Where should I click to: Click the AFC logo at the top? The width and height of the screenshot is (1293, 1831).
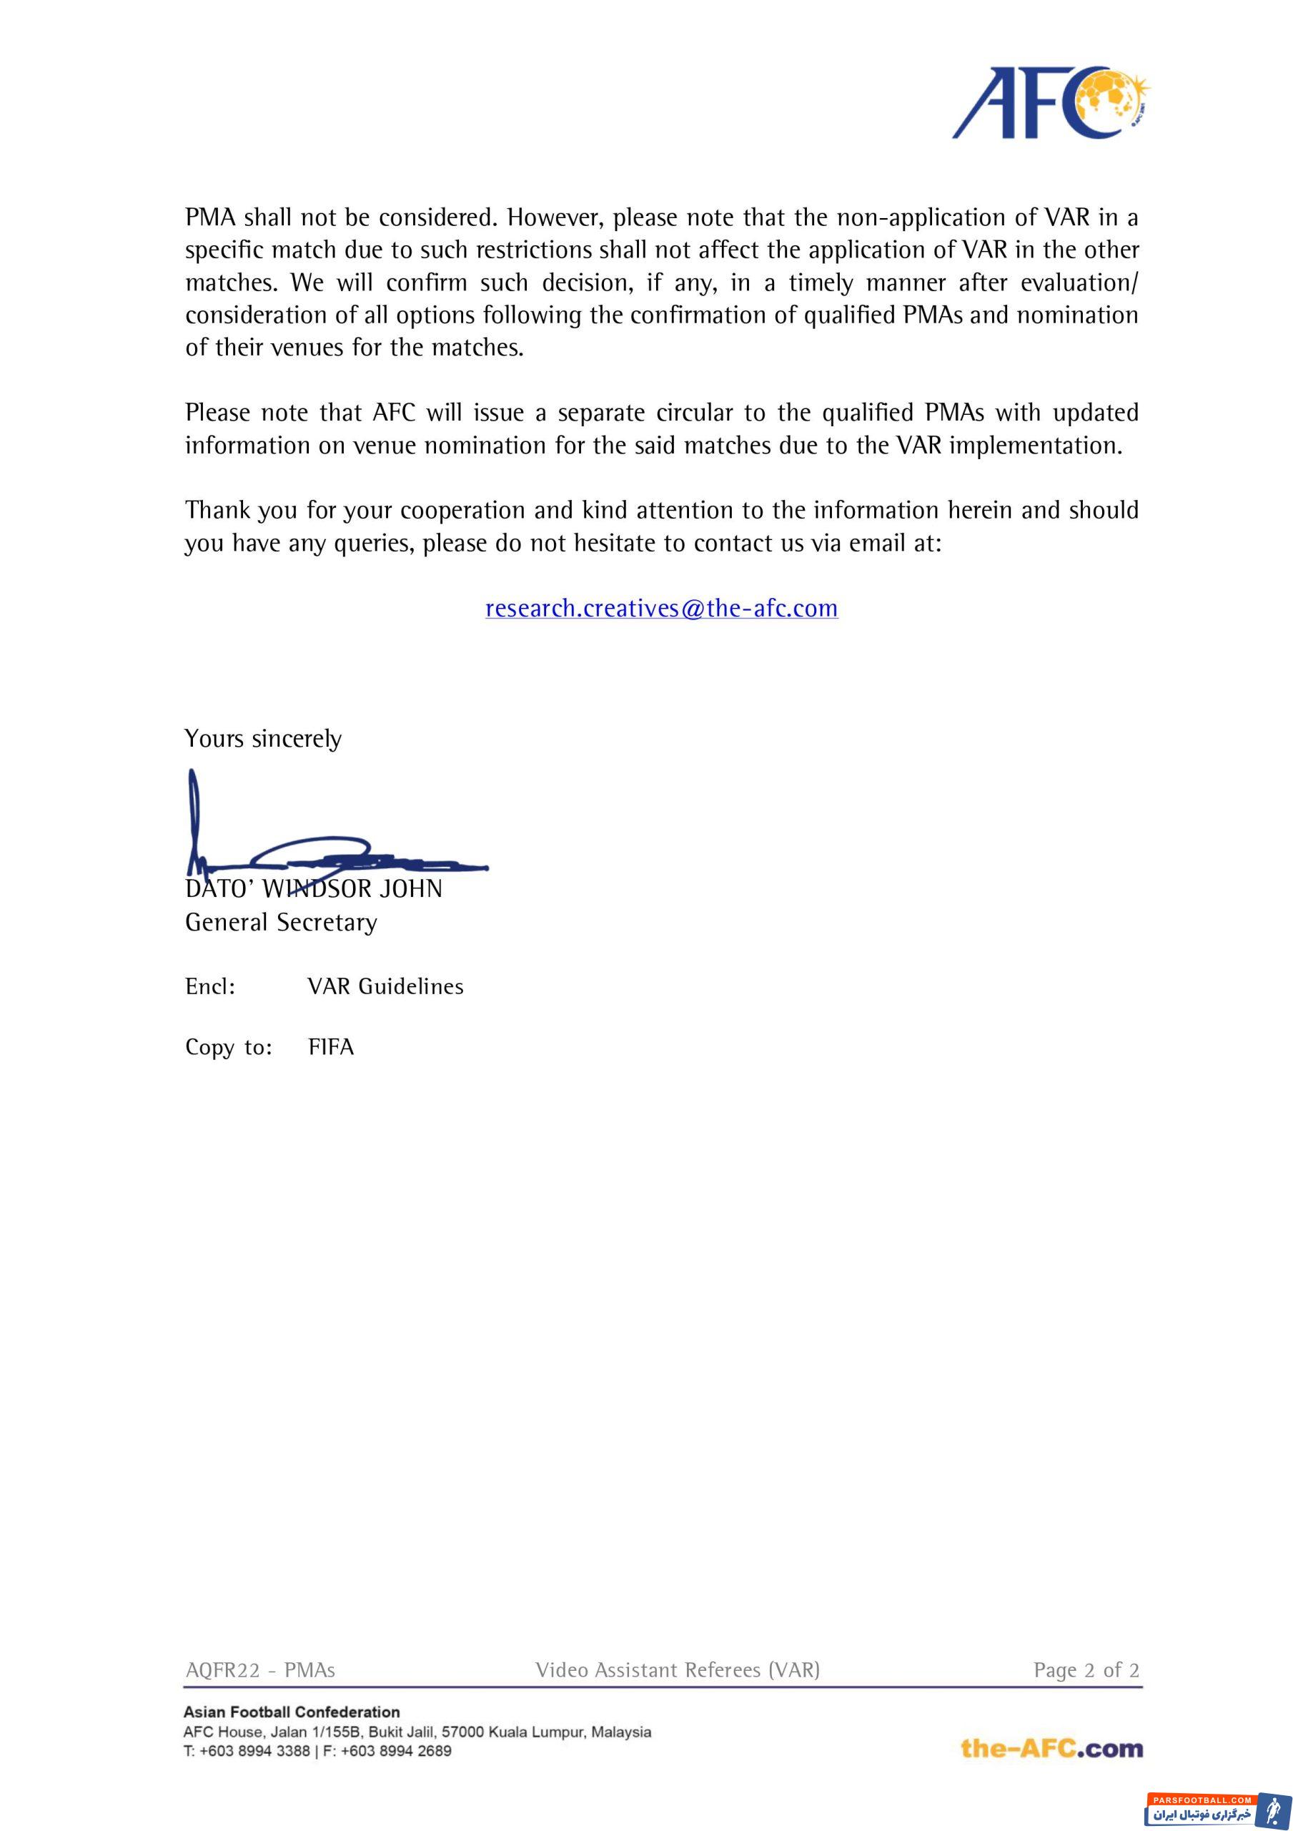tap(1051, 103)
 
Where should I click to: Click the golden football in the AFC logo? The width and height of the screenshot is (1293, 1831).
tap(1114, 99)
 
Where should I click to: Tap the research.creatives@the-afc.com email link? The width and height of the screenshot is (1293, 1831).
tap(662, 609)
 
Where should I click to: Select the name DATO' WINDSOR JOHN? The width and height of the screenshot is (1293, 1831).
tap(313, 889)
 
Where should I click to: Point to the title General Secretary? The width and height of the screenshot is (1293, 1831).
tap(281, 923)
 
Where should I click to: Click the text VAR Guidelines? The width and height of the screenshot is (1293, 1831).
tap(386, 986)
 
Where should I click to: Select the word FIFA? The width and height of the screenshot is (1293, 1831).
tap(331, 1047)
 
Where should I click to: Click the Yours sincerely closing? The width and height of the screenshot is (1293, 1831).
tap(263, 738)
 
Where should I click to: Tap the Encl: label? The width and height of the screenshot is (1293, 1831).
tap(209, 986)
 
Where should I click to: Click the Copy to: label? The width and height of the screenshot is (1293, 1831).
tap(229, 1047)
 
